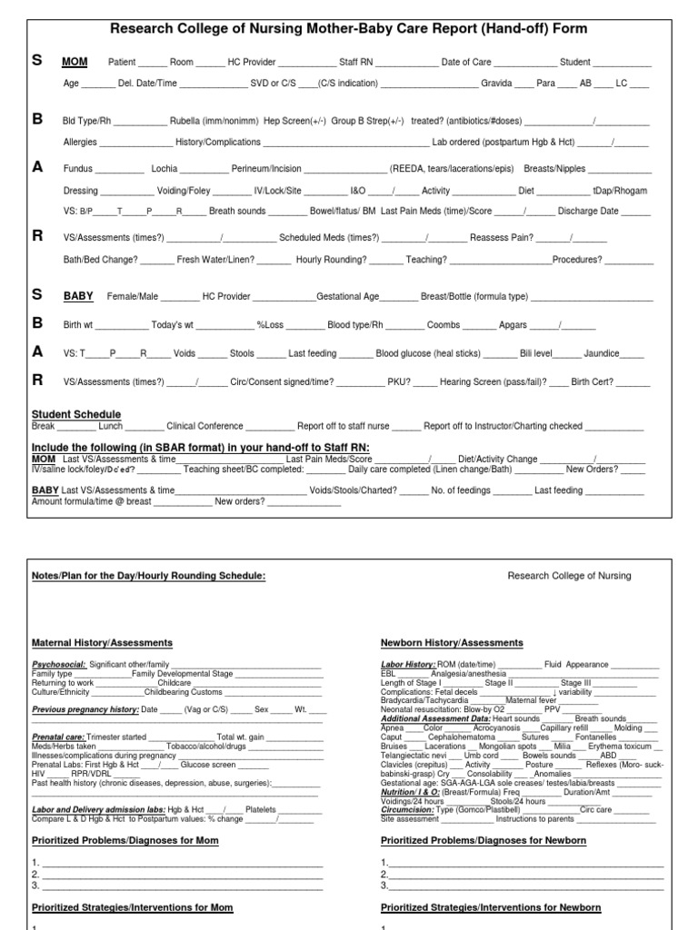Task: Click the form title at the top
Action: click(x=348, y=29)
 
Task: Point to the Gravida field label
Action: click(x=496, y=84)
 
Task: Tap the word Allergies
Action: click(x=80, y=143)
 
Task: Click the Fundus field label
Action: click(x=78, y=169)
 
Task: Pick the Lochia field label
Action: click(x=165, y=169)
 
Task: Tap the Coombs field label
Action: click(x=444, y=324)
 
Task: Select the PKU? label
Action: click(x=399, y=382)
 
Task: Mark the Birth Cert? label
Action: click(x=592, y=382)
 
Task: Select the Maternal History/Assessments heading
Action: click(x=102, y=643)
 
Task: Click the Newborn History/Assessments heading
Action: click(x=451, y=643)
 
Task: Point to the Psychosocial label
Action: click(x=59, y=665)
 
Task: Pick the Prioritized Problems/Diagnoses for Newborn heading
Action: click(x=483, y=841)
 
